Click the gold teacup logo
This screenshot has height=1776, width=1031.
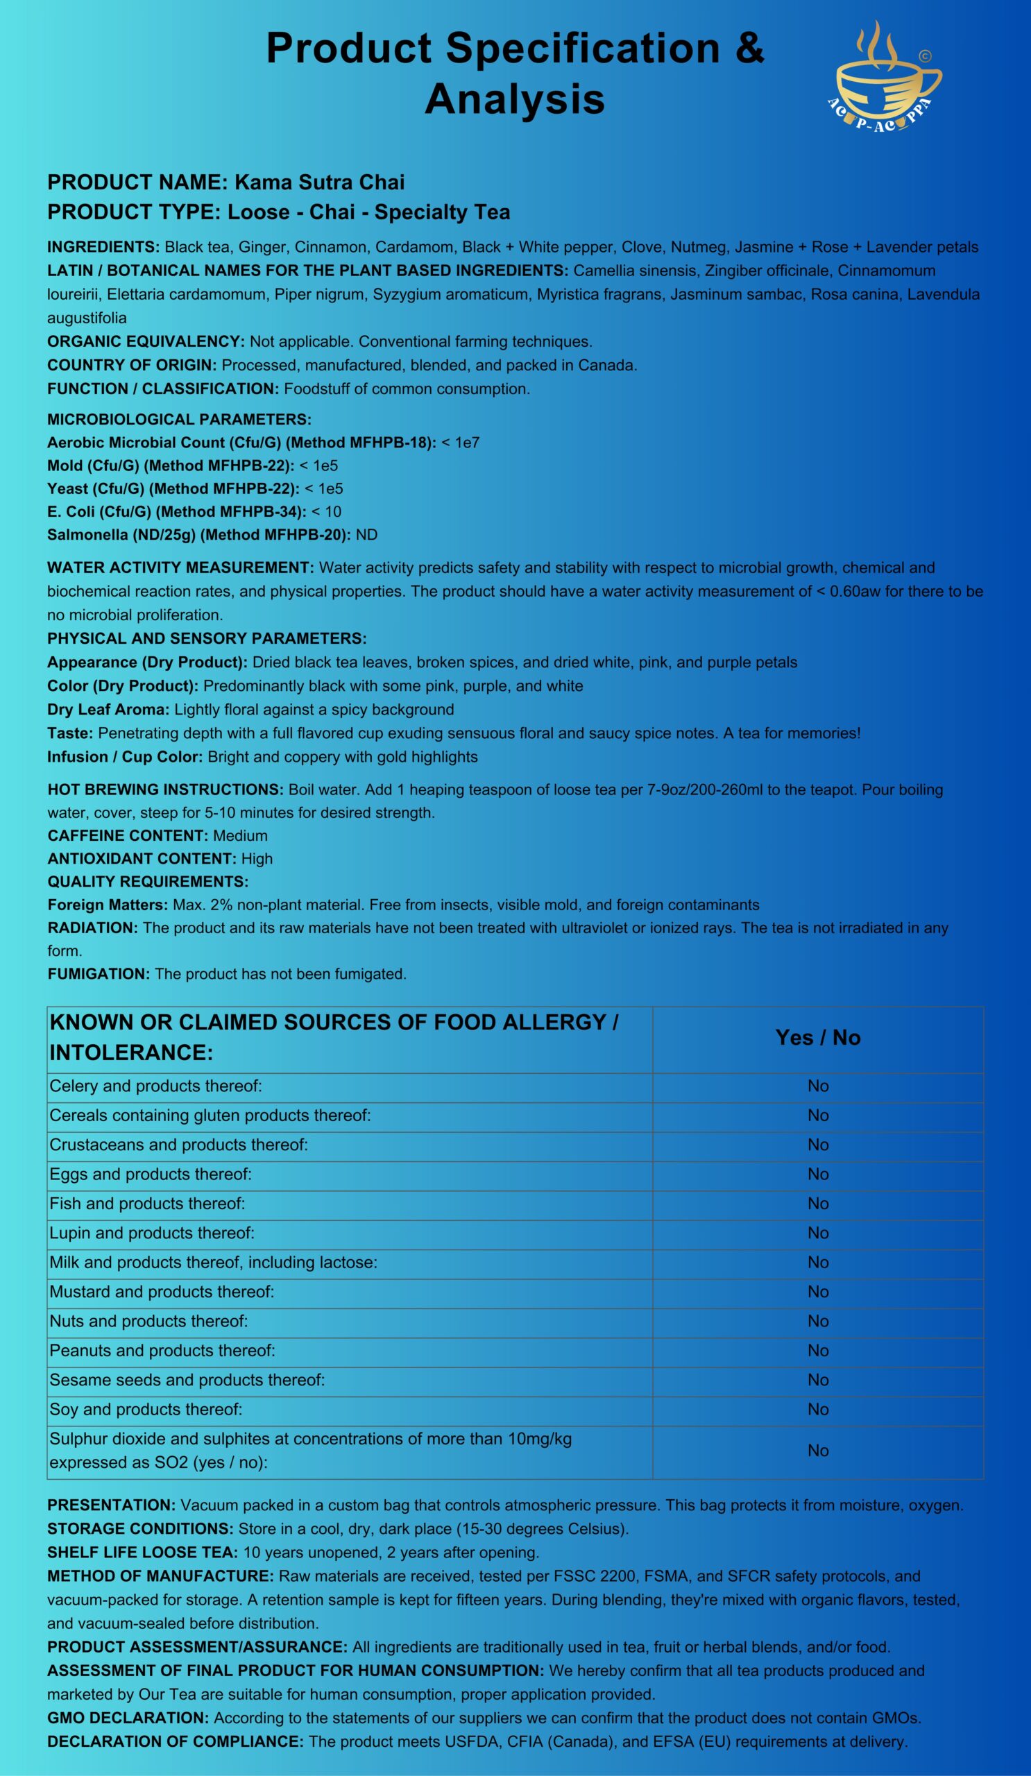[x=887, y=78]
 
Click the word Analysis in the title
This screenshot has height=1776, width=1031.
[x=514, y=99]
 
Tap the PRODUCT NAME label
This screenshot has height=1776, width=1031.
[x=137, y=182]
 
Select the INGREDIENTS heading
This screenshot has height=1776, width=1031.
[x=103, y=248]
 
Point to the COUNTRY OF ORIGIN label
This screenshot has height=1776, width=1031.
[x=132, y=365]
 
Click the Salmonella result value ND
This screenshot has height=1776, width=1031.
[x=366, y=535]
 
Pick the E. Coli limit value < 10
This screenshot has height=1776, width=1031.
[x=326, y=512]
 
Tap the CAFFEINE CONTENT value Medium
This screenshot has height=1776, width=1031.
[x=240, y=836]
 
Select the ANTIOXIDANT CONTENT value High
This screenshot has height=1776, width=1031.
[x=257, y=858]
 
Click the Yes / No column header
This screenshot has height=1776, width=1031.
[x=817, y=1037]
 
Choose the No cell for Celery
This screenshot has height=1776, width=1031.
[x=817, y=1086]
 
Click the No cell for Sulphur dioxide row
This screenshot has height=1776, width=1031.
[x=817, y=1451]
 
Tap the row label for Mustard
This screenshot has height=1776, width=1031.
[x=162, y=1292]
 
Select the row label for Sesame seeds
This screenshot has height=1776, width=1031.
[x=187, y=1380]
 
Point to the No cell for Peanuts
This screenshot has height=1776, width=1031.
[x=817, y=1350]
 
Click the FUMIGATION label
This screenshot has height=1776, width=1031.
[x=99, y=974]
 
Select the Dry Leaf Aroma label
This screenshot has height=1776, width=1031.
[x=108, y=710]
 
